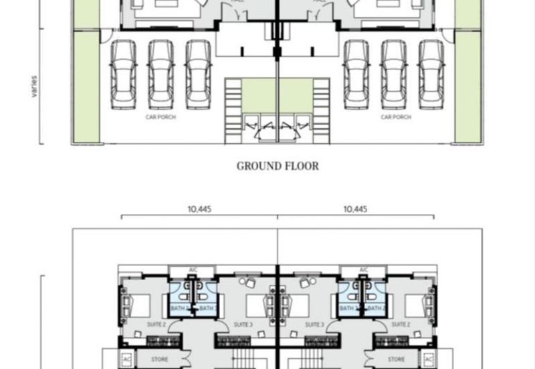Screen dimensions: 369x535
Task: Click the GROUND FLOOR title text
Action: pyautogui.click(x=278, y=166)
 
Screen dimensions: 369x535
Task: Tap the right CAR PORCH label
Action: pyautogui.click(x=395, y=116)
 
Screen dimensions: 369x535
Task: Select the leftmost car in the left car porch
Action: pyautogui.click(x=123, y=74)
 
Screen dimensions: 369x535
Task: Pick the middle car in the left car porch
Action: pyautogui.click(x=160, y=74)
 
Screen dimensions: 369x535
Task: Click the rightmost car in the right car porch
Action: pyautogui.click(x=431, y=74)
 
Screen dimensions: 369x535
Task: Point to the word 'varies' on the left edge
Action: pyautogui.click(x=33, y=86)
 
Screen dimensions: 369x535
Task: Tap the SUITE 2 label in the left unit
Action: pyautogui.click(x=156, y=324)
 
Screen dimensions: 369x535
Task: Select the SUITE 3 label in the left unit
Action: pyautogui.click(x=243, y=324)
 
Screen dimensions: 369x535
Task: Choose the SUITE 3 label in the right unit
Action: pyautogui.click(x=312, y=324)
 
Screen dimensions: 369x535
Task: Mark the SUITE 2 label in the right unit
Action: pyautogui.click(x=400, y=324)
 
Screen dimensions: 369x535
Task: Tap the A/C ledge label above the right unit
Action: pyautogui.click(x=363, y=270)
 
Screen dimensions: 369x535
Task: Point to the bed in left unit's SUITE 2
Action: pyautogui.click(x=138, y=305)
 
